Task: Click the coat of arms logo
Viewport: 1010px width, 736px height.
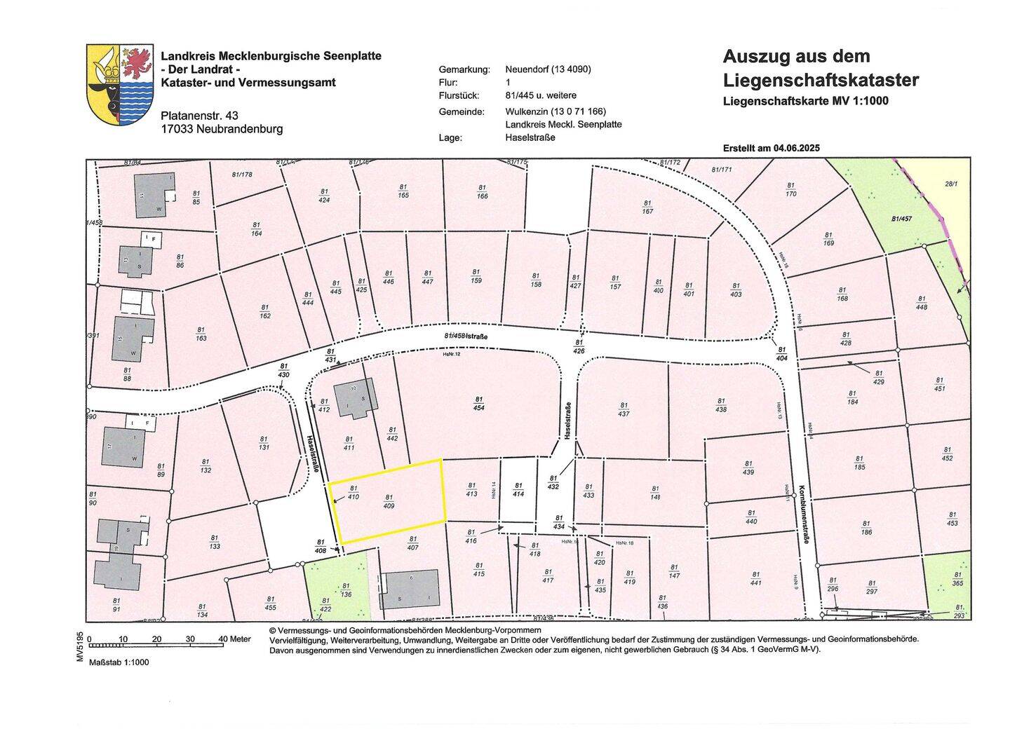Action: coord(119,84)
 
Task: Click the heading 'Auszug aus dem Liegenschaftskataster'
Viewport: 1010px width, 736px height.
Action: coord(820,68)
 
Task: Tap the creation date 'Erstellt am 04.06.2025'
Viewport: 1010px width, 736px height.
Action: coord(771,148)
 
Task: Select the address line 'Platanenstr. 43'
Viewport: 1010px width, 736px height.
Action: coord(199,116)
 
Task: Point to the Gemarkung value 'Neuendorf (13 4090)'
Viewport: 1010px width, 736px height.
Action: coord(548,69)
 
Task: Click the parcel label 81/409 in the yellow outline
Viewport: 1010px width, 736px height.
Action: coord(389,500)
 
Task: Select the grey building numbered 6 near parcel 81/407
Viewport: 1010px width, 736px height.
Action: coord(410,589)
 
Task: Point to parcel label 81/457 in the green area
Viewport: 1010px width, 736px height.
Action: coord(901,219)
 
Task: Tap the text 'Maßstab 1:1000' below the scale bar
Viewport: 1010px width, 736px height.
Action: coord(119,662)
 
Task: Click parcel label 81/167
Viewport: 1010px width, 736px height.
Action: coord(647,207)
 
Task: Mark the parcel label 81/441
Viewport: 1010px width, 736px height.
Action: coord(755,578)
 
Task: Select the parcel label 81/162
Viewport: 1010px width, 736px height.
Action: coord(264,311)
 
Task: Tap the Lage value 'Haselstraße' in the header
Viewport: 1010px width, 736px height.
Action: coord(530,137)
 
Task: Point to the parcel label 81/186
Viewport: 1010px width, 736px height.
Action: coord(866,528)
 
